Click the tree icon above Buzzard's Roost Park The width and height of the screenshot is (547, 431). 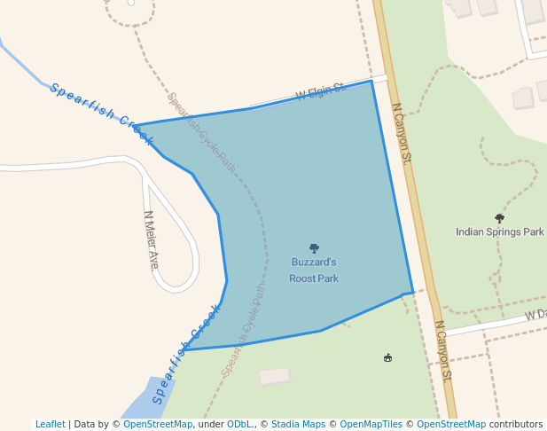(x=314, y=249)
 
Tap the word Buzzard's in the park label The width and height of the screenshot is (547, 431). (x=314, y=263)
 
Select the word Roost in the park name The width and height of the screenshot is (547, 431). (x=301, y=278)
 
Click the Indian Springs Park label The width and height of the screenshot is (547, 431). (x=499, y=231)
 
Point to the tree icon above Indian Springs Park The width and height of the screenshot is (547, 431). (x=499, y=218)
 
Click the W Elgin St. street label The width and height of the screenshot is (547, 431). (x=319, y=91)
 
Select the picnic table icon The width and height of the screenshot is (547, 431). (x=387, y=357)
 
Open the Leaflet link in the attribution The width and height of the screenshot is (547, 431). (x=51, y=424)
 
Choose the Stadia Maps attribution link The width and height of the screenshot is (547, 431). (x=298, y=424)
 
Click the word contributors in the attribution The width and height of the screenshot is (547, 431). (x=516, y=424)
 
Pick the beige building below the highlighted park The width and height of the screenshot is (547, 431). (x=275, y=376)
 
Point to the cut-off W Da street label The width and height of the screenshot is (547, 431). (x=535, y=315)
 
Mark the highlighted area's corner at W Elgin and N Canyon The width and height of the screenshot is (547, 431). (x=371, y=81)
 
